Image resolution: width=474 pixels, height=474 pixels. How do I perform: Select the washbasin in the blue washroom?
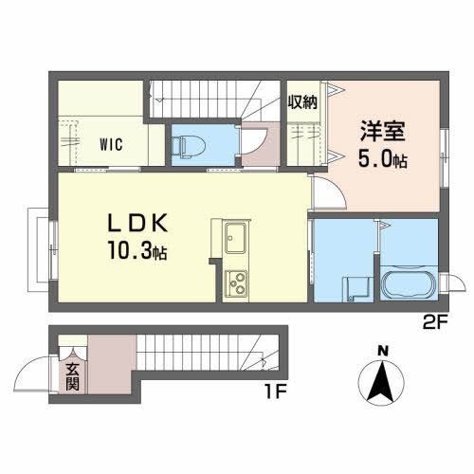point(357,286)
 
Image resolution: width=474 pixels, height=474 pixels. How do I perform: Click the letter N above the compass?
point(384,351)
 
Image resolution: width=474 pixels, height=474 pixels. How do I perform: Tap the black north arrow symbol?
point(383,381)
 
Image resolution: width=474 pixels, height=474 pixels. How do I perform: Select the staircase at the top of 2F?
point(209,95)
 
